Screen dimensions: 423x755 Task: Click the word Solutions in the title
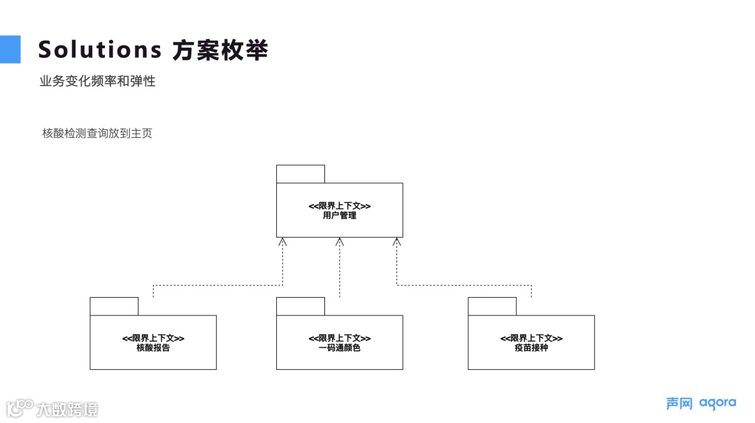(x=99, y=50)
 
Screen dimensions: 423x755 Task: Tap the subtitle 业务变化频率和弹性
(x=97, y=81)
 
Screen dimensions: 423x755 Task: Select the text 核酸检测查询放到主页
(x=97, y=133)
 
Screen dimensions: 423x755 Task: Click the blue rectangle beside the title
(x=10, y=49)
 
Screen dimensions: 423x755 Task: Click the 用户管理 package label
(x=340, y=216)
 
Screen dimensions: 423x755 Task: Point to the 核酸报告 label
(x=153, y=347)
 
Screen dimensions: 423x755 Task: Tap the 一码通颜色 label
(x=340, y=347)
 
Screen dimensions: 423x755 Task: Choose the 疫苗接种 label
(x=531, y=347)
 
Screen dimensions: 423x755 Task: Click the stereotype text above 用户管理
(x=340, y=206)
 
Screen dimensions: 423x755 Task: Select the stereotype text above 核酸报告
(x=153, y=338)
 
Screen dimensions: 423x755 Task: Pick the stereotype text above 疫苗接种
(x=531, y=338)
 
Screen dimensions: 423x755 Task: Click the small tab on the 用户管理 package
(x=301, y=174)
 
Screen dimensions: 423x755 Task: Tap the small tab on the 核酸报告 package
(x=114, y=306)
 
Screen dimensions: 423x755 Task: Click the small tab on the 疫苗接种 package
(x=492, y=306)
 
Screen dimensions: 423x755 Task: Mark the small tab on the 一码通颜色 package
(x=301, y=306)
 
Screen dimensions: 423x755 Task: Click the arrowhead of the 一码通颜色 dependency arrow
(x=340, y=241)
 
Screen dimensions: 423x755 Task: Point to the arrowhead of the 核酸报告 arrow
(x=282, y=241)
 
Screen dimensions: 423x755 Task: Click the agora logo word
(x=717, y=403)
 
